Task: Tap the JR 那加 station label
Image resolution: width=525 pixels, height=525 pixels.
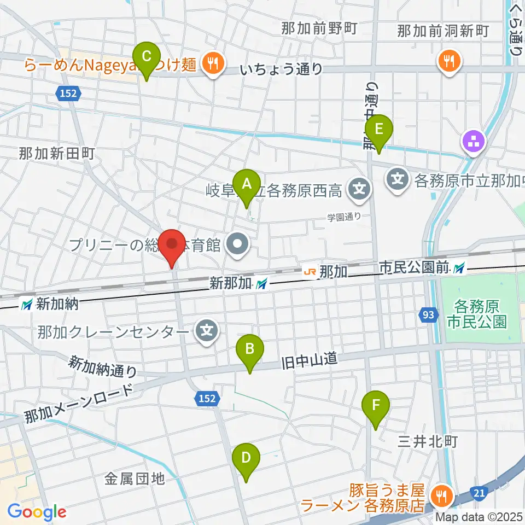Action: [x=326, y=271]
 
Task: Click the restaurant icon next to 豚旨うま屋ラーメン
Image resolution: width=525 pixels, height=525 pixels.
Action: [x=440, y=496]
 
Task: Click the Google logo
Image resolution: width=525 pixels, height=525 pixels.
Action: [x=37, y=512]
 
